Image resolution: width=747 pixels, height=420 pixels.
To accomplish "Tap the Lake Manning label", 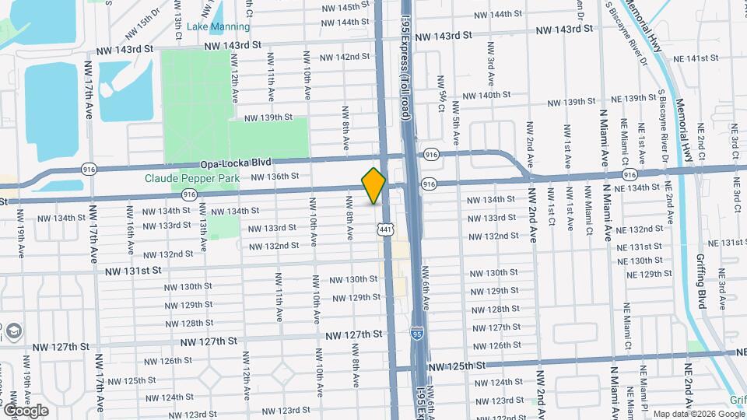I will click(x=219, y=26).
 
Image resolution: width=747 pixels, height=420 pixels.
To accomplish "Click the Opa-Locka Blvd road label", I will click(x=235, y=163).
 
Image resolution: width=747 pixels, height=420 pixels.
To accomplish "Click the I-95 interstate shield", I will click(x=418, y=331).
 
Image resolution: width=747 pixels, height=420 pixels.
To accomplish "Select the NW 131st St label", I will click(x=134, y=270).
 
